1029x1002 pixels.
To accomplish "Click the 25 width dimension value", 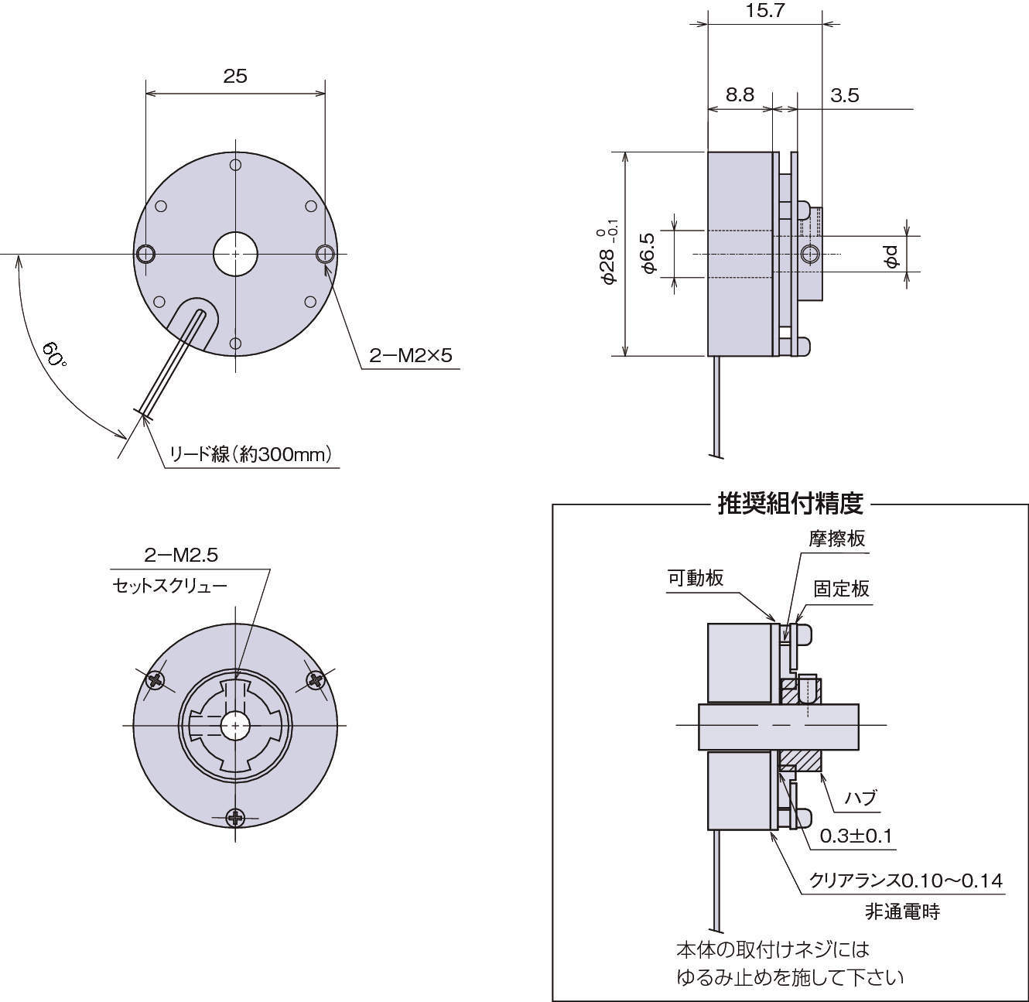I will point(235,76).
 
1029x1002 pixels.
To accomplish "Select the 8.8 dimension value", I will point(740,94).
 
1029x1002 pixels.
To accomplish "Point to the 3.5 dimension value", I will point(844,95).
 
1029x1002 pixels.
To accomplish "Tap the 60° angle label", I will point(54,355).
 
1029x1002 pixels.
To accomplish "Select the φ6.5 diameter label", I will point(649,253).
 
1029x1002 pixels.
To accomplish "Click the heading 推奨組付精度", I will point(789,504).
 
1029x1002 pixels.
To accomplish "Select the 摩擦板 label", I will point(836,539).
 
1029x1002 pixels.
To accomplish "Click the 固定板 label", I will point(841,589).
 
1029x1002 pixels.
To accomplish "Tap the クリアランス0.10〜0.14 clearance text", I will point(905,881).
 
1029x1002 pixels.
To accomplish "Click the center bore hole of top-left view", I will point(235,253).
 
